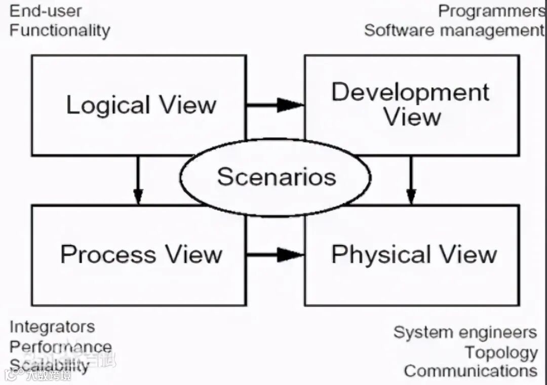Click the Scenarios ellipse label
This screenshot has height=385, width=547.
[277, 177]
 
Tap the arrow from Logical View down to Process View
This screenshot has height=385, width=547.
[138, 180]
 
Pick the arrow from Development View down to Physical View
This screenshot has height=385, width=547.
[411, 180]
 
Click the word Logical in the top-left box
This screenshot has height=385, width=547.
[108, 105]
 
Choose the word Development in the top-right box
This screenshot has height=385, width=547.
[410, 92]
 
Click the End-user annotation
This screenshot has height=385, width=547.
[46, 11]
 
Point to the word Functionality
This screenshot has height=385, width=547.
[60, 30]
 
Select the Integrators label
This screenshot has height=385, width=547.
[52, 327]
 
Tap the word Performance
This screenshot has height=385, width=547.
[61, 346]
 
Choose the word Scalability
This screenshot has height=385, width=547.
[50, 365]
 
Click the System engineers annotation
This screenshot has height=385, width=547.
[465, 332]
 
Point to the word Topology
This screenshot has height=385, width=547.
[501, 352]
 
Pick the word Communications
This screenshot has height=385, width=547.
[471, 370]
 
